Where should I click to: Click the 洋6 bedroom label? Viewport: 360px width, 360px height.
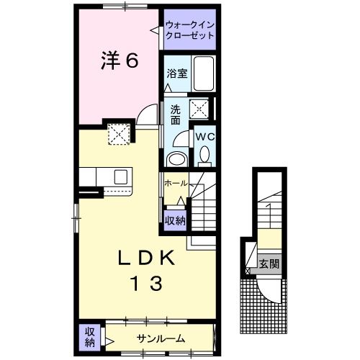(x=117, y=62)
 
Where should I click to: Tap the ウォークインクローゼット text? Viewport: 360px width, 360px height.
(x=189, y=29)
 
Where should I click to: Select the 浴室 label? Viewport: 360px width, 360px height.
(x=176, y=73)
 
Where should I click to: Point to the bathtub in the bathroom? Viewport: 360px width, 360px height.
(x=204, y=73)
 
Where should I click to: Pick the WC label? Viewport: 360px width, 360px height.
(x=203, y=135)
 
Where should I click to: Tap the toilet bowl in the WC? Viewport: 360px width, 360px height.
(x=204, y=153)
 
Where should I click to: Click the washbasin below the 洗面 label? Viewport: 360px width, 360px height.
(x=176, y=158)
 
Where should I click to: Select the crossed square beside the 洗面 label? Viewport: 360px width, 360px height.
(x=198, y=109)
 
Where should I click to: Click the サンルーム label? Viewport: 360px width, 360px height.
(x=161, y=338)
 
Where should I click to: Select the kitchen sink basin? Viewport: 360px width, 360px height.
(x=120, y=176)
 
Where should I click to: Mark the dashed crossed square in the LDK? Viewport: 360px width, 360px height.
(x=117, y=133)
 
